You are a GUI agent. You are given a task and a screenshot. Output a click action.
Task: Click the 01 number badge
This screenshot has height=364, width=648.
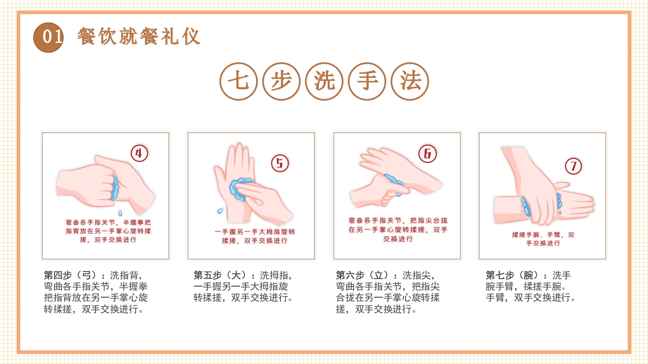[x=49, y=37]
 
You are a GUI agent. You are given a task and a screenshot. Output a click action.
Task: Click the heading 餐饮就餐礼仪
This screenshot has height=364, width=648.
[x=139, y=37]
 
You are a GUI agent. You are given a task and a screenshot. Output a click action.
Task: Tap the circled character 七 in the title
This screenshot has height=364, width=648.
[x=238, y=81]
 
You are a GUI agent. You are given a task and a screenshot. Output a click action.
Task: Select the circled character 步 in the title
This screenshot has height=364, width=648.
[x=281, y=81]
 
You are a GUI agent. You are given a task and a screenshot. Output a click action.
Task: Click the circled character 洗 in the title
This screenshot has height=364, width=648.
[x=325, y=81]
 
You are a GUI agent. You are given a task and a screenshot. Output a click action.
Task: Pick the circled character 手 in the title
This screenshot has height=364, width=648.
[x=368, y=81]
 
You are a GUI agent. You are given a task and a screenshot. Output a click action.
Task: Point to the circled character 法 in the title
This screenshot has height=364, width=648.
[x=410, y=81]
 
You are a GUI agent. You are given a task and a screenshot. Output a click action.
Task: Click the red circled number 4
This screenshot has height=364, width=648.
[x=139, y=153]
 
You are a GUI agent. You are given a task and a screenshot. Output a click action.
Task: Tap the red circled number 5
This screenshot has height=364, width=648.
[x=280, y=163]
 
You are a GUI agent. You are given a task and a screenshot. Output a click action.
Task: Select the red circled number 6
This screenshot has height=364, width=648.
[x=427, y=154]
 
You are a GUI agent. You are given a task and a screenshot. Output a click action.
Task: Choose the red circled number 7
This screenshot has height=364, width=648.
[x=573, y=166]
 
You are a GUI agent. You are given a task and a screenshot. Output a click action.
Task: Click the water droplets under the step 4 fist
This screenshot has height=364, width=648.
[x=120, y=212]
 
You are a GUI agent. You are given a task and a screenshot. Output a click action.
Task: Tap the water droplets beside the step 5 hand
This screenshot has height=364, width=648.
[x=221, y=210]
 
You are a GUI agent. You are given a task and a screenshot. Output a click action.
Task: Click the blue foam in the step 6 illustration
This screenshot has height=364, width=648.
[x=394, y=182]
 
